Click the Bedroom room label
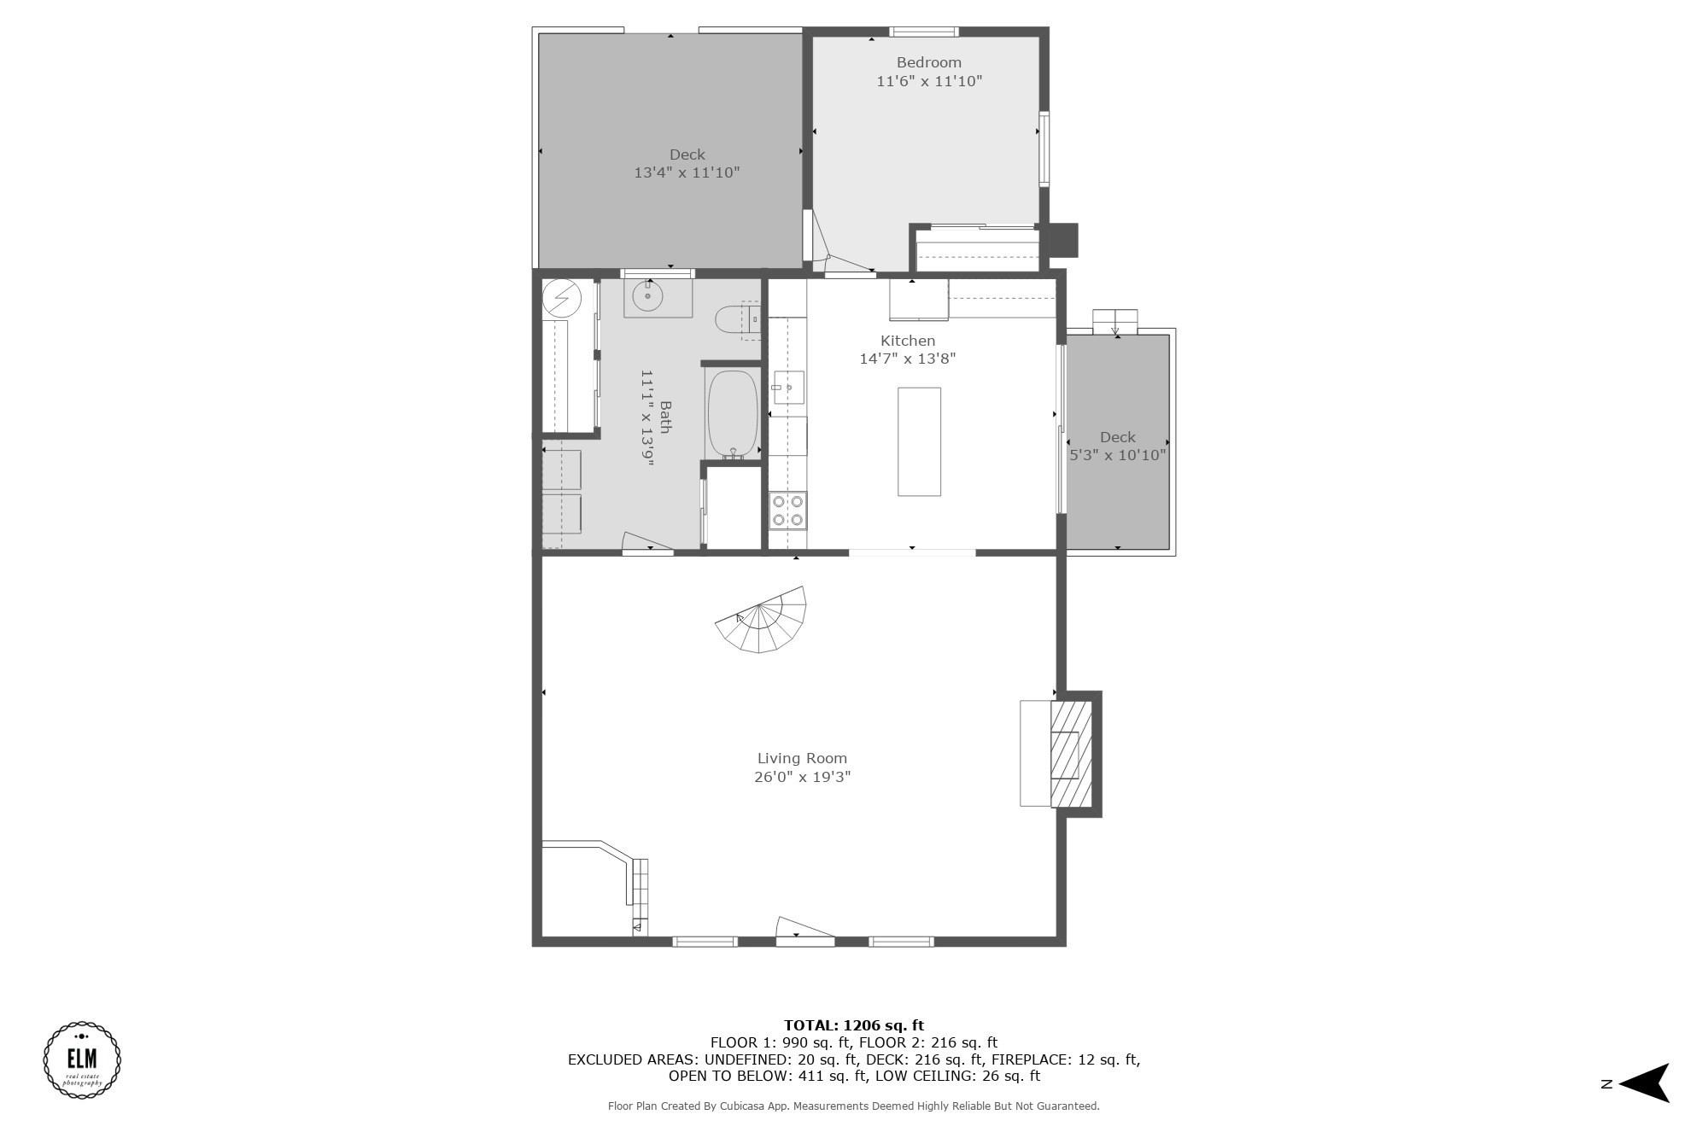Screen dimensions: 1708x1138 (x=928, y=62)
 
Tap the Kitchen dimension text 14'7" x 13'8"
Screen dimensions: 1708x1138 (x=907, y=359)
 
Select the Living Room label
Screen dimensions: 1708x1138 (x=802, y=758)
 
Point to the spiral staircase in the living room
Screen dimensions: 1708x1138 (x=761, y=622)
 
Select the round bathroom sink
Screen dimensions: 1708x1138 (x=648, y=296)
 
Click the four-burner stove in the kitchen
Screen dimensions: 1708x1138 (x=787, y=511)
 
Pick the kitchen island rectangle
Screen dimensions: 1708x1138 (x=919, y=441)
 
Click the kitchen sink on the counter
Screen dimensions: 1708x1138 (x=788, y=388)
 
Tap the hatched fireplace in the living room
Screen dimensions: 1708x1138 (x=1071, y=755)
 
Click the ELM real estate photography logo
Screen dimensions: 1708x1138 (x=82, y=1059)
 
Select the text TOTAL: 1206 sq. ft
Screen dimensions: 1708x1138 (x=853, y=1025)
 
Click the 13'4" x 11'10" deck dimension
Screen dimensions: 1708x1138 (x=687, y=172)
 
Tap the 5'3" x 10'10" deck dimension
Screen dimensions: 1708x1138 (x=1118, y=455)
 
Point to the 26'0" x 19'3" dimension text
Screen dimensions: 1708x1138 (x=802, y=777)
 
